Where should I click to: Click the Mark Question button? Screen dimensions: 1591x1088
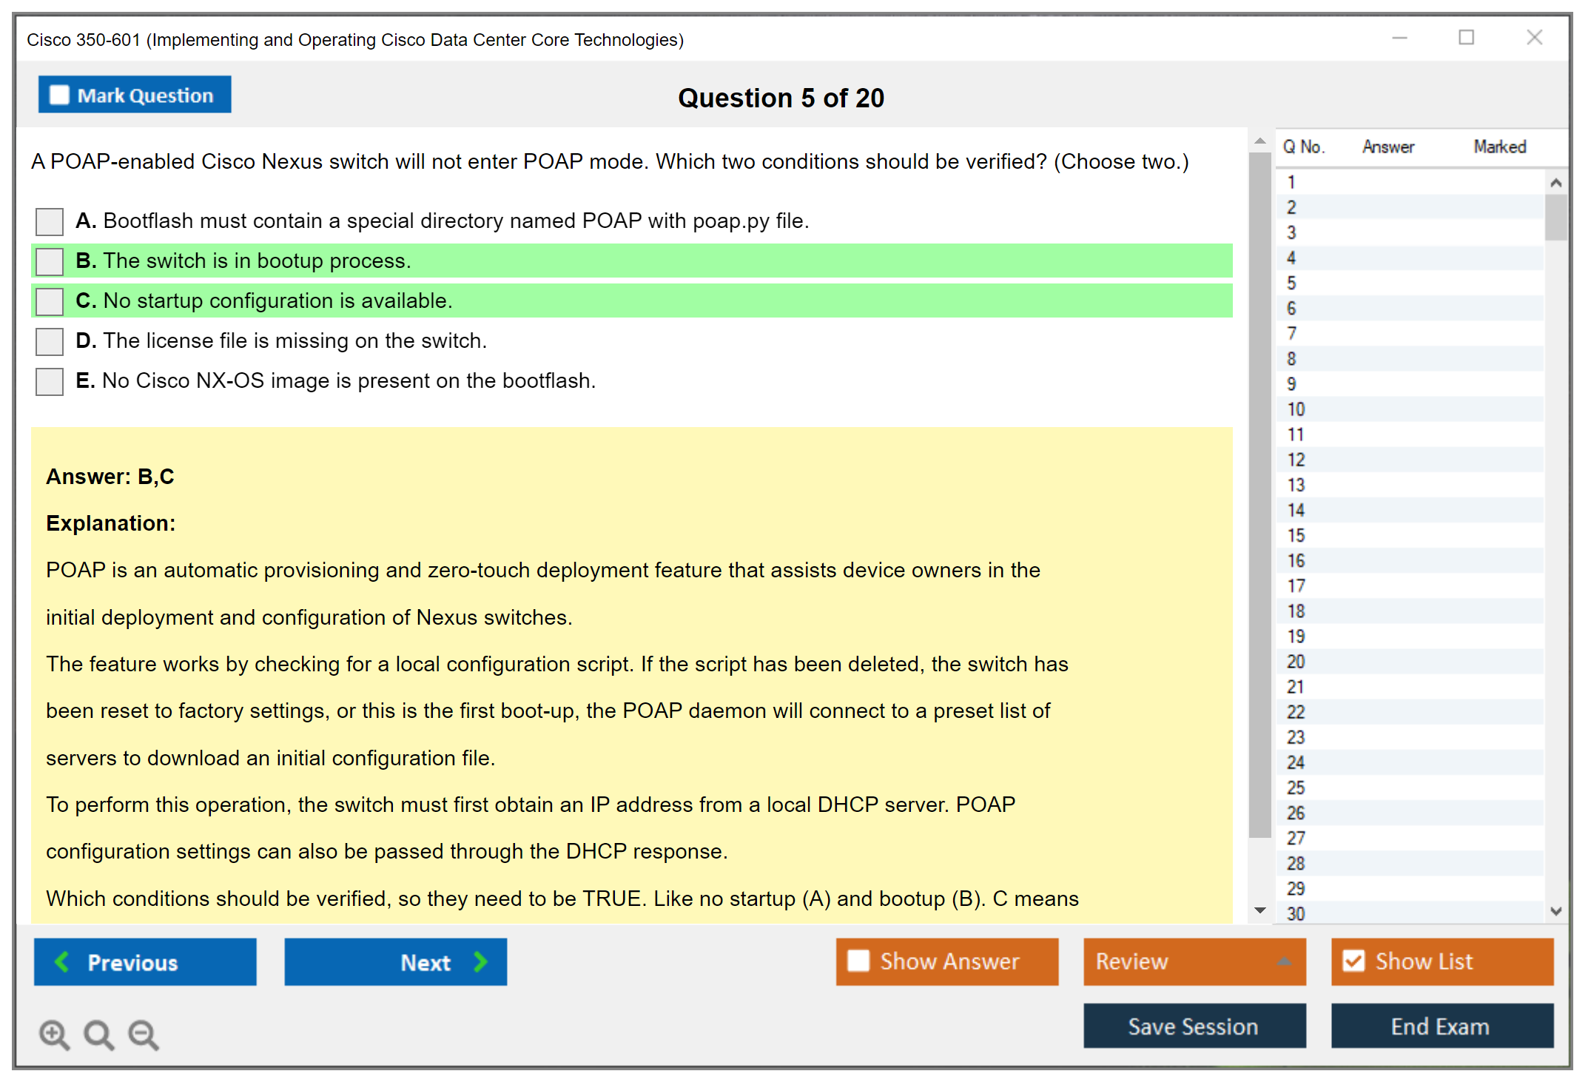(135, 95)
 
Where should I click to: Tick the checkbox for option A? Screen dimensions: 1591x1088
(50, 221)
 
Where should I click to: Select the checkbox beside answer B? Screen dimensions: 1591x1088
(50, 261)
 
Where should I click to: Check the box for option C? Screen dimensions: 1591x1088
(50, 301)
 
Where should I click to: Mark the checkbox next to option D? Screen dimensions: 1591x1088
(50, 341)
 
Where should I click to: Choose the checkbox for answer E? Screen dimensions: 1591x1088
(50, 381)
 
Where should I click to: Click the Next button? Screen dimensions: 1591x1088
(396, 962)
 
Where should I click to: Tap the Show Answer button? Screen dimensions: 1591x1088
(947, 961)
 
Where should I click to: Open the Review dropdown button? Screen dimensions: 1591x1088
(1194, 961)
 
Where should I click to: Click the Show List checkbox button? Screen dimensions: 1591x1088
(1442, 961)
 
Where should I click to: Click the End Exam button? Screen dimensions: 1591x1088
(1442, 1026)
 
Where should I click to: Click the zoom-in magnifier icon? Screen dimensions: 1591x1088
(55, 1035)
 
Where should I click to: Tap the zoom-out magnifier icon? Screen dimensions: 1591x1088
(144, 1035)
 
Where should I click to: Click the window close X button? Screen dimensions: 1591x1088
(1534, 38)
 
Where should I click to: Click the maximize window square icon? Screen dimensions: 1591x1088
(1466, 38)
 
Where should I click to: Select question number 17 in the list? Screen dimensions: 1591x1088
(1296, 586)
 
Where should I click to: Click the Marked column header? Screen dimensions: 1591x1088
(1500, 147)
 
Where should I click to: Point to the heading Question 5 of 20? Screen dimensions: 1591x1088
(781, 98)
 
